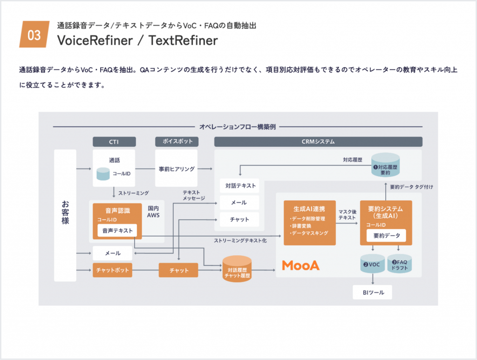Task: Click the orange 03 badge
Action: (x=34, y=34)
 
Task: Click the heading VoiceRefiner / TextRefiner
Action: (x=137, y=41)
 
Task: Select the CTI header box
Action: (x=114, y=142)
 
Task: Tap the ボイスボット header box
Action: (x=177, y=142)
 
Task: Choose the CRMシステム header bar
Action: (x=318, y=142)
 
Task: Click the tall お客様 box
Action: (x=65, y=215)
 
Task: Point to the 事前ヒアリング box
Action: (x=177, y=169)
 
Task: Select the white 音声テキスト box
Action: (x=117, y=230)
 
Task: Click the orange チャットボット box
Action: (x=112, y=270)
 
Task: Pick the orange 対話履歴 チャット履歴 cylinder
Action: (x=237, y=270)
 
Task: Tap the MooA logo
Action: (x=301, y=265)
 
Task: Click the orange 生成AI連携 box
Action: (x=310, y=223)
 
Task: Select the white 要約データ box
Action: (x=386, y=236)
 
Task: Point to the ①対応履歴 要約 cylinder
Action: (x=385, y=169)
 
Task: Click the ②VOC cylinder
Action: (x=372, y=264)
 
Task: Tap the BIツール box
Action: (x=372, y=292)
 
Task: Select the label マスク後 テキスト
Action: (x=348, y=215)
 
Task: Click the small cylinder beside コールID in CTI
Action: (x=103, y=174)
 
